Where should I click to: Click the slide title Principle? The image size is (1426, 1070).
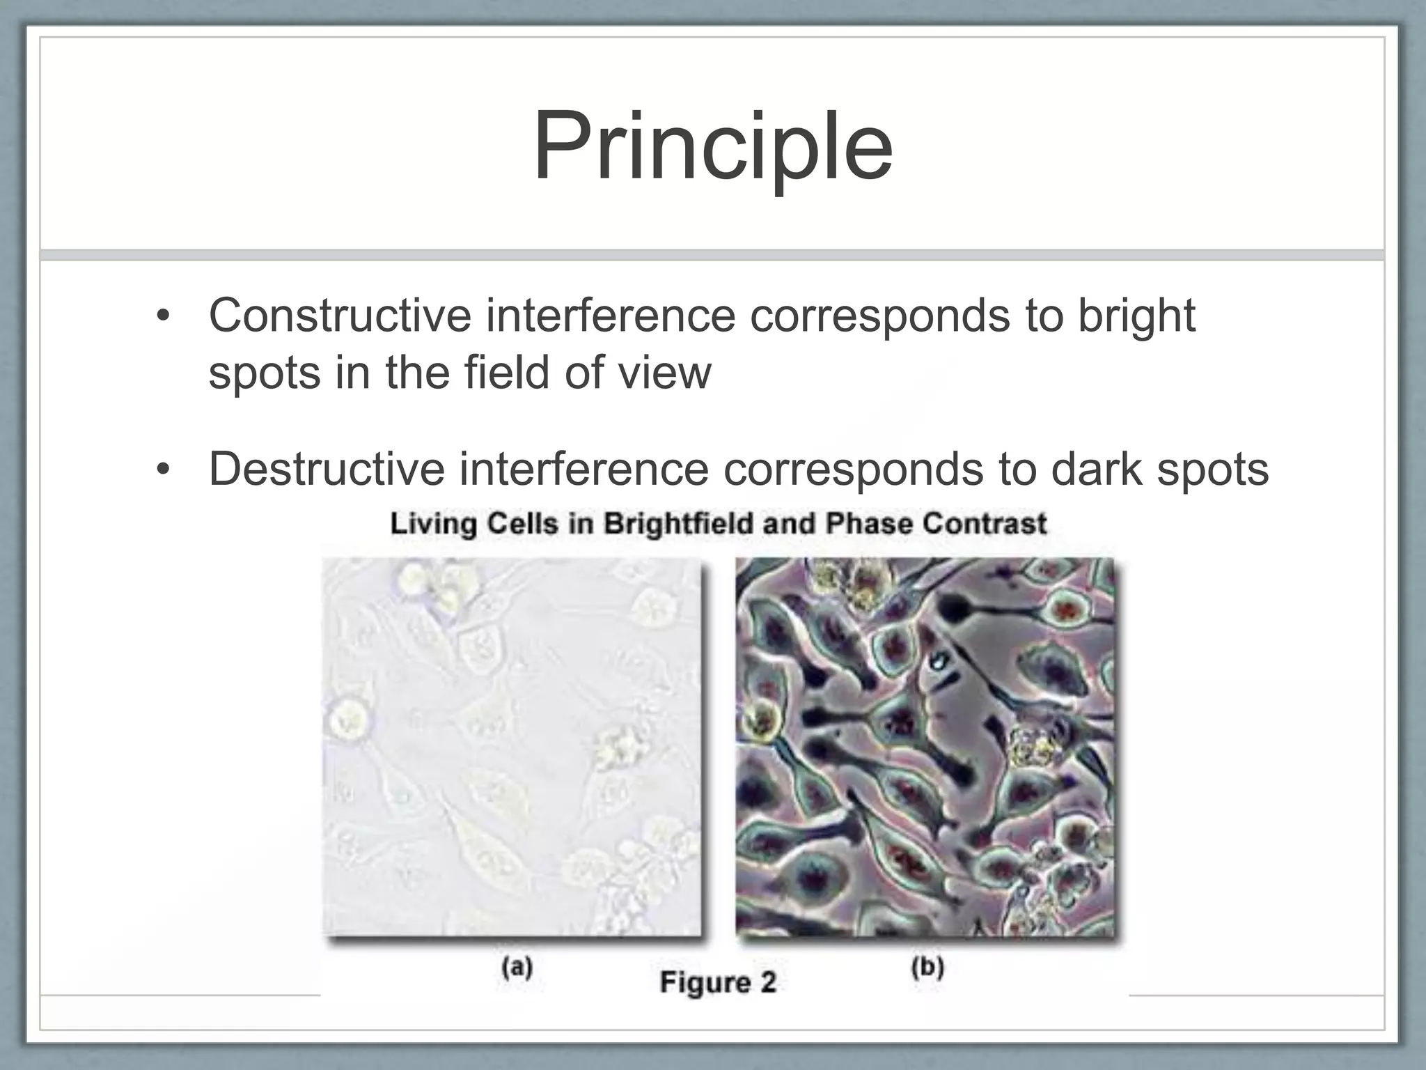(713, 148)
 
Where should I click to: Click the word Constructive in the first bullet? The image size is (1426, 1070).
(340, 316)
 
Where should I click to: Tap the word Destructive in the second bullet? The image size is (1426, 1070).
(326, 469)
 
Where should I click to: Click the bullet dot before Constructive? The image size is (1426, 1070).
(163, 318)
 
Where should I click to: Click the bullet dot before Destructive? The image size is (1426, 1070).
(163, 471)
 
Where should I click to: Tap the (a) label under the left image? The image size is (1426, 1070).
(517, 968)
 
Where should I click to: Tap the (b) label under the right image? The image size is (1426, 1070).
(927, 968)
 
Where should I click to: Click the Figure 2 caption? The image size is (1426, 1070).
(717, 982)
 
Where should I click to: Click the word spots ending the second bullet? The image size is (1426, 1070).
(1212, 470)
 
